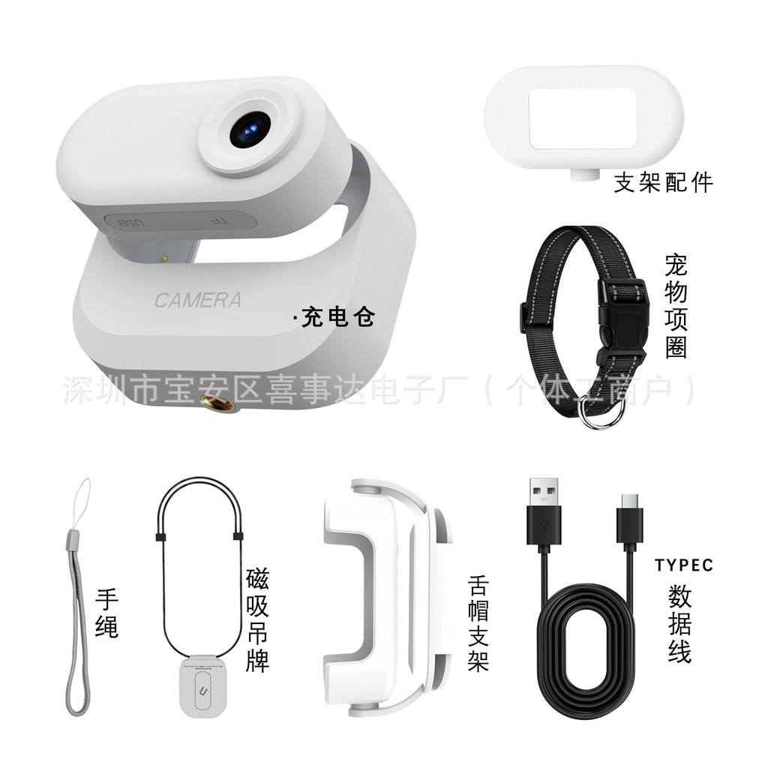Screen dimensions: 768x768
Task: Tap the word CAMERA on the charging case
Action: (x=198, y=301)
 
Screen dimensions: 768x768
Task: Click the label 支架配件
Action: (x=662, y=182)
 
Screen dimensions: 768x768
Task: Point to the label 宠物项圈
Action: (x=676, y=306)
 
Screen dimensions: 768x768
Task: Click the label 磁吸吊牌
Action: (x=257, y=620)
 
